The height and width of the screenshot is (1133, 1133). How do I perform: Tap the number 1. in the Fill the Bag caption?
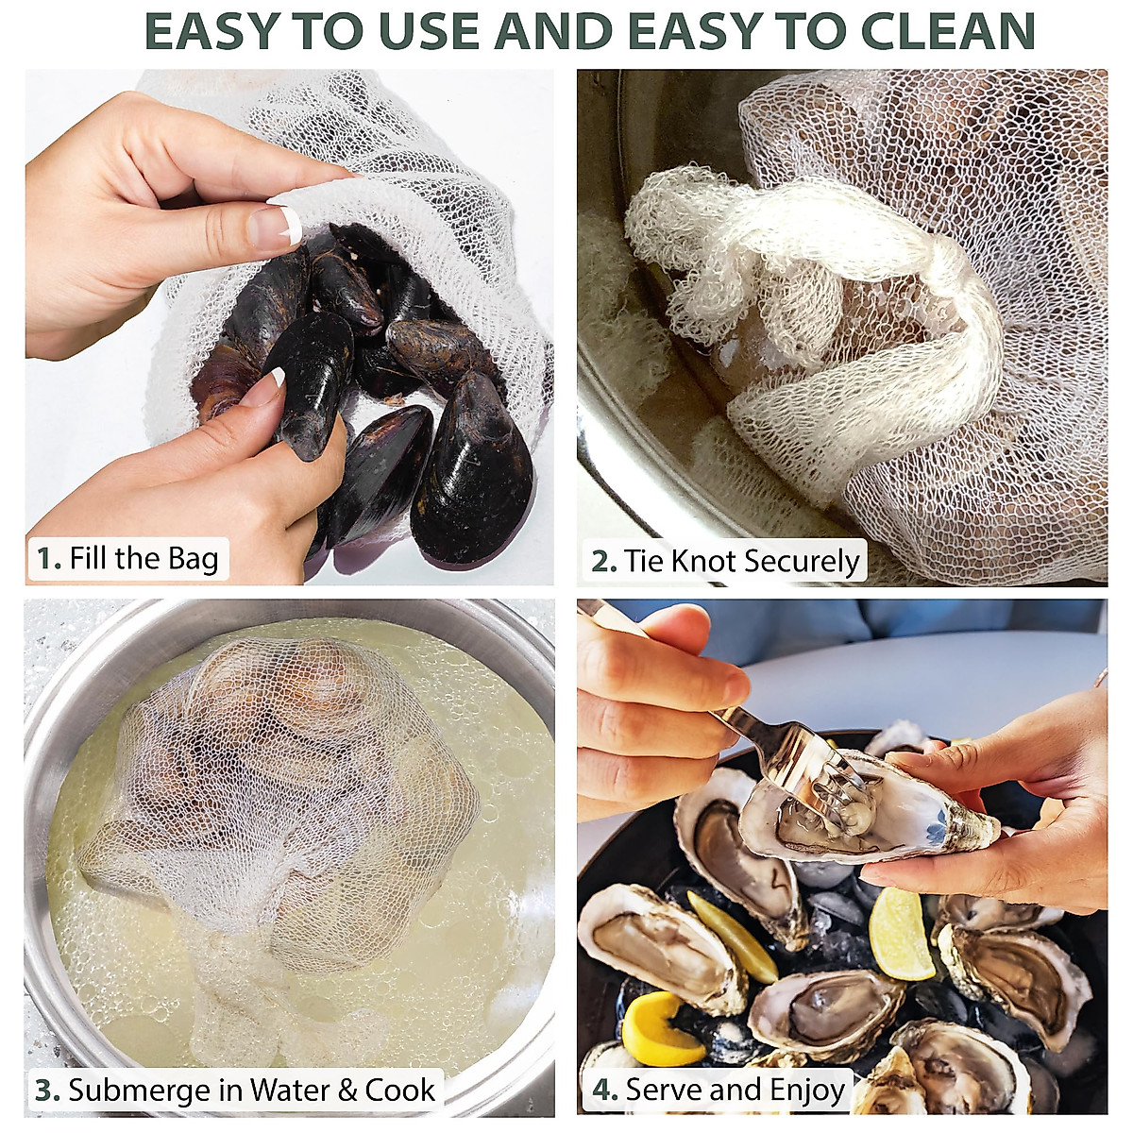pos(48,559)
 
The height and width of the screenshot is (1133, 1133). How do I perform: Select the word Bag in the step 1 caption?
pos(193,559)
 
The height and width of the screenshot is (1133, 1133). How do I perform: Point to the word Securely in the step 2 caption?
pos(802,562)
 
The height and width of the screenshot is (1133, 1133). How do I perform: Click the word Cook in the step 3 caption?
pos(400,1091)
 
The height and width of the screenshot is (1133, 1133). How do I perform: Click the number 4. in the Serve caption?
pos(604,1091)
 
